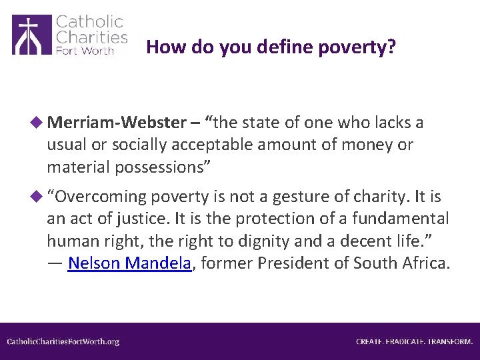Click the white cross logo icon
31,35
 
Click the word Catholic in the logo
90,22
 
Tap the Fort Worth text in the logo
84,51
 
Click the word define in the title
265,47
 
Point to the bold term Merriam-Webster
114,123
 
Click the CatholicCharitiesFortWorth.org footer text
63,341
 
